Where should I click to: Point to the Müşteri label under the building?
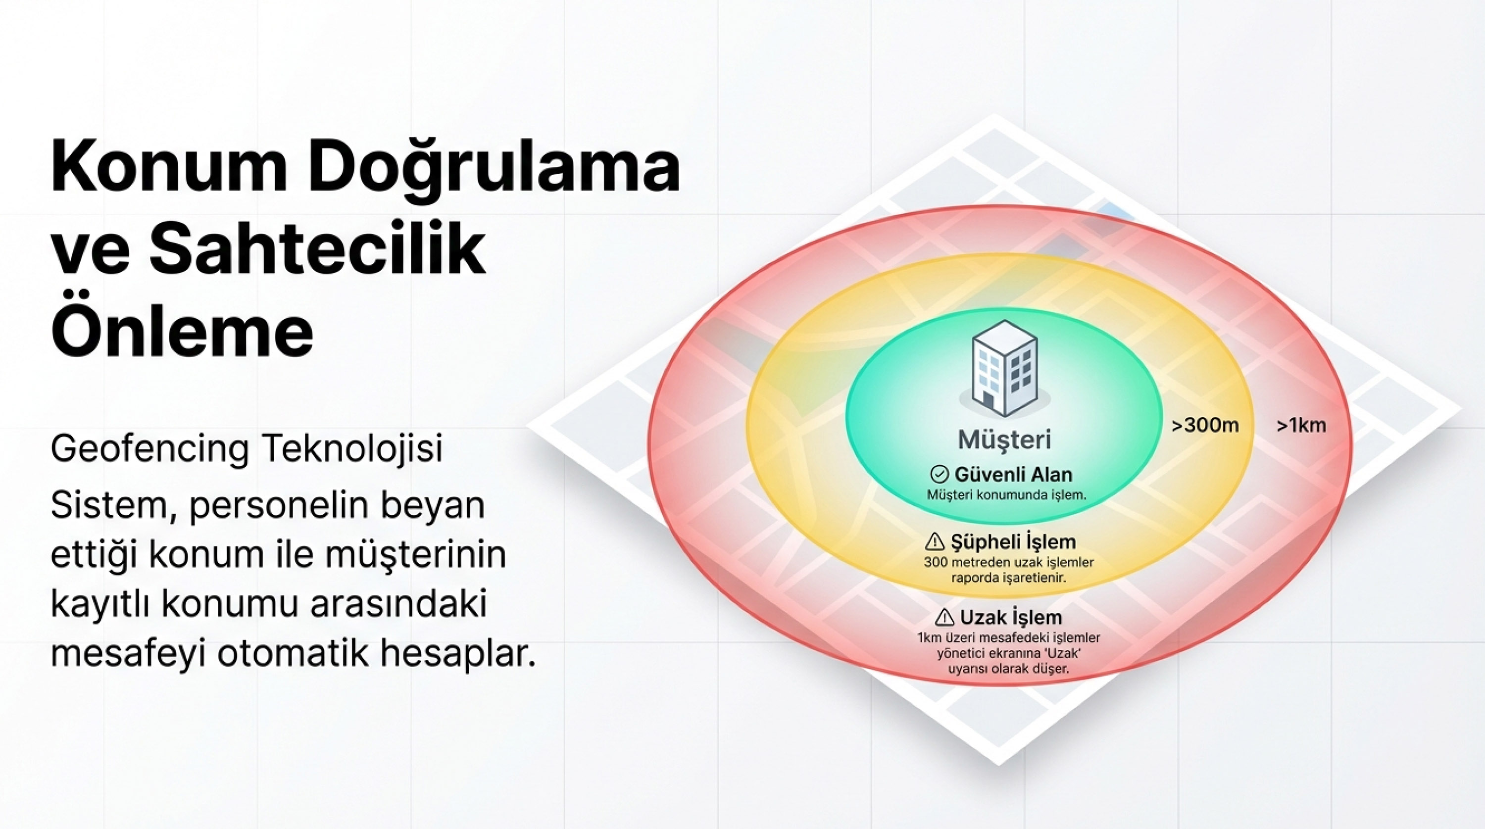pos(1004,439)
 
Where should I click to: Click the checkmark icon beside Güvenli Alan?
pos(939,475)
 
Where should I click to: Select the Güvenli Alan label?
pos(1013,475)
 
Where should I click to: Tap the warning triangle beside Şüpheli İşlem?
pos(935,542)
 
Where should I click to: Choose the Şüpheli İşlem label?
pos(1013,542)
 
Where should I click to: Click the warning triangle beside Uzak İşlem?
pos(944,618)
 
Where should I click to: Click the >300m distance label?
pos(1205,426)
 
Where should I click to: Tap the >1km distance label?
pos(1301,426)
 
